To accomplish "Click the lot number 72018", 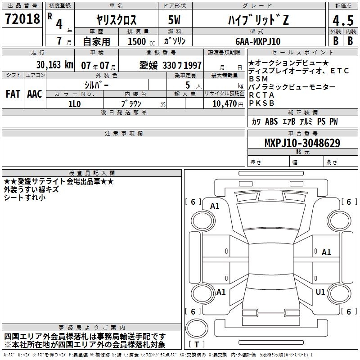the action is click(x=22, y=19).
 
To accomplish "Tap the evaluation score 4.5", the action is click(x=343, y=21).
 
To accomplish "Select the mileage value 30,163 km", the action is click(x=54, y=65).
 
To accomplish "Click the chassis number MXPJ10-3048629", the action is click(x=302, y=143).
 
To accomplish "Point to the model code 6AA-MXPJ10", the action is click(x=258, y=41).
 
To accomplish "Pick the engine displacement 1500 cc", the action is click(x=141, y=41).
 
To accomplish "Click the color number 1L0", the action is click(x=75, y=104).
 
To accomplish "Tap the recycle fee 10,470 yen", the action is click(x=228, y=104).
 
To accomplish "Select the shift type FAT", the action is click(x=13, y=94).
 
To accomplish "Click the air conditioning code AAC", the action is click(x=35, y=94).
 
